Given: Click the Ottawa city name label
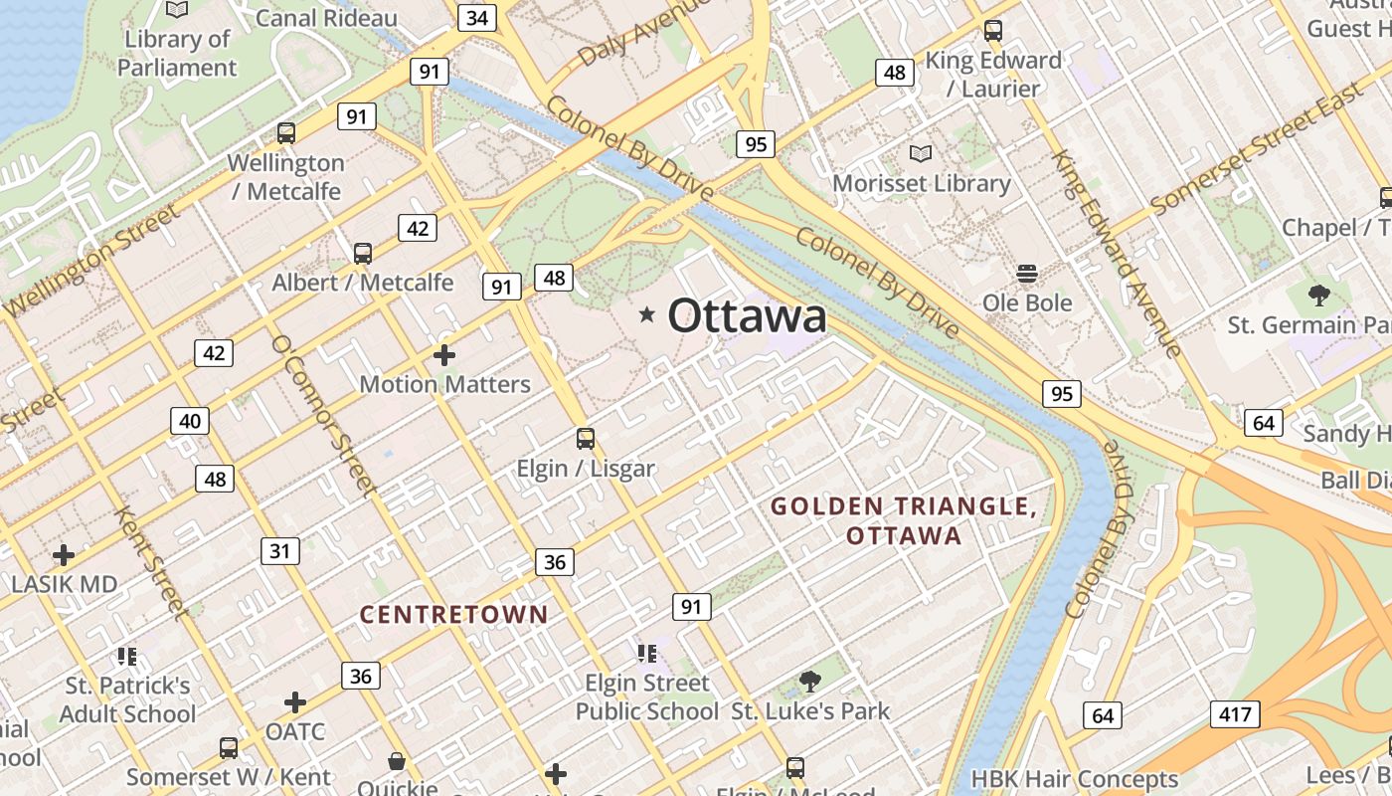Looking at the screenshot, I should click(x=747, y=316).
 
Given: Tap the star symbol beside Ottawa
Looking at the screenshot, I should click(x=647, y=315).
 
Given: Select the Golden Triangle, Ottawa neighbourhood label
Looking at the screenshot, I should click(x=904, y=521).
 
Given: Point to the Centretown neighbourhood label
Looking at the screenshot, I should click(x=453, y=615).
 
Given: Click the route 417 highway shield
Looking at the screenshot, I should click(x=1236, y=713).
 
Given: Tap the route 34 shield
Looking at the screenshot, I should click(x=477, y=17).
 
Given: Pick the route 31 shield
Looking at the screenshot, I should click(x=280, y=550).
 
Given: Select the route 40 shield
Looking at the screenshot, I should click(x=190, y=421).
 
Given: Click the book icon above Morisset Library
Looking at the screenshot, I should click(x=921, y=154).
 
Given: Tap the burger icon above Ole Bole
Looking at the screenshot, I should click(x=1027, y=273).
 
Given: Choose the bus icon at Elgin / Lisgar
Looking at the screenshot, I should click(x=586, y=438).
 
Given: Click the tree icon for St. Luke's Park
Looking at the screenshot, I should click(x=810, y=682).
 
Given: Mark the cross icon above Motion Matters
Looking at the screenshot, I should click(x=444, y=354).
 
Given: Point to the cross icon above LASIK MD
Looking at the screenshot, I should click(x=64, y=554).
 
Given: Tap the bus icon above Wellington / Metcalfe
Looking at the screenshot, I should click(x=286, y=132).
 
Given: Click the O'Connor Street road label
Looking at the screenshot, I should click(x=323, y=415).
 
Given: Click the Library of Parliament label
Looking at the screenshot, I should click(x=177, y=54).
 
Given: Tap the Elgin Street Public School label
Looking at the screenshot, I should click(x=647, y=696).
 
